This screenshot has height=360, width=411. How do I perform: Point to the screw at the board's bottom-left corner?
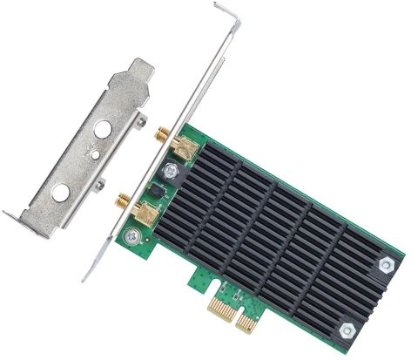pos(132,235)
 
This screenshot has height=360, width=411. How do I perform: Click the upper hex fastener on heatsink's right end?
pos(386,262)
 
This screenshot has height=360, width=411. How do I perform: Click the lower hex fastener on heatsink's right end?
pos(347,329)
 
